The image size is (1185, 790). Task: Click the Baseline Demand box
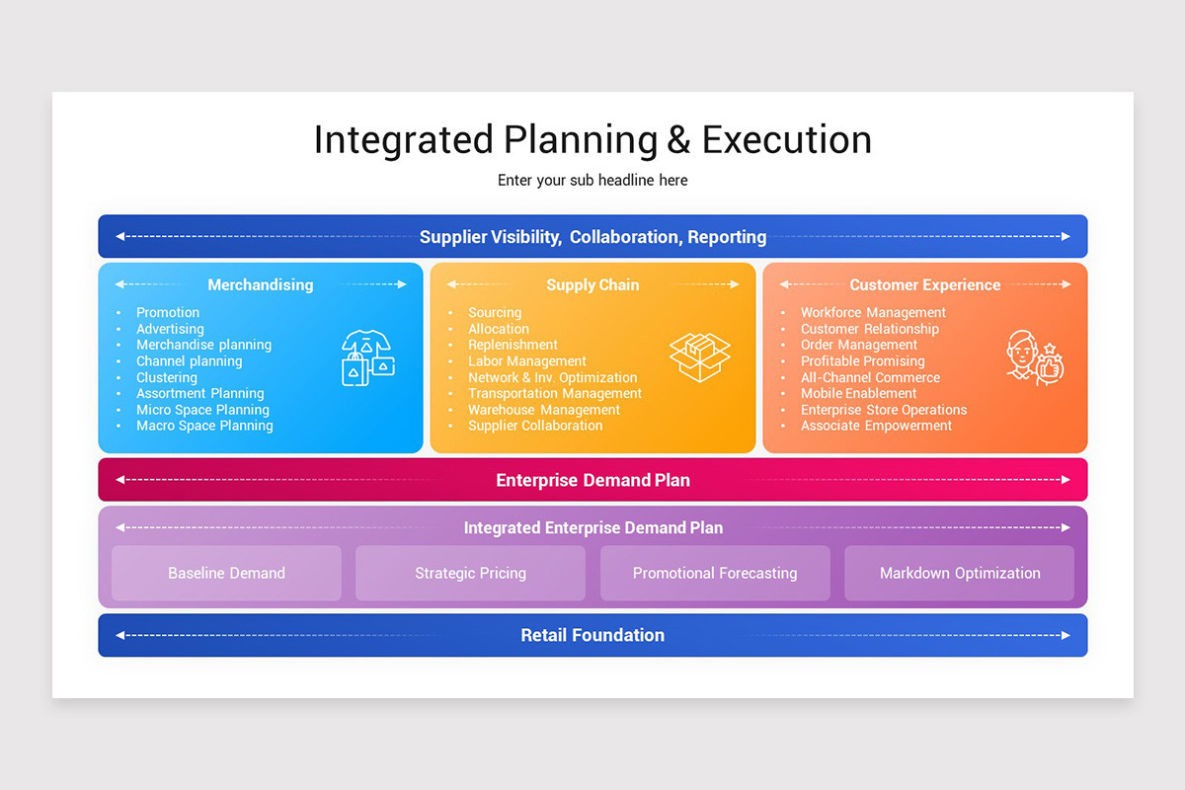(226, 573)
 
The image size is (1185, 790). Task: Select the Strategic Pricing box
(470, 573)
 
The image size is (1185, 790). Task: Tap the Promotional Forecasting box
(715, 573)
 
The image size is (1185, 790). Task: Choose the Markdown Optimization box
(959, 573)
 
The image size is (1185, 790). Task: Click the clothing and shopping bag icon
(368, 357)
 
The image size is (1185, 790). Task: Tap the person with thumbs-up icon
(1033, 357)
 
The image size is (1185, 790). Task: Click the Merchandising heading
(260, 284)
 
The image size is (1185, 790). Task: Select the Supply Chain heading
(592, 284)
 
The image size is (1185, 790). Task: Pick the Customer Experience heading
(924, 284)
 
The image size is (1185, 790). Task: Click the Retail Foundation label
(592, 635)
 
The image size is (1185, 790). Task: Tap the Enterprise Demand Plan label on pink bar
(592, 480)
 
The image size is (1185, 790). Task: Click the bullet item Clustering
(167, 377)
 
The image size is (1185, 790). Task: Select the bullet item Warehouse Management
(544, 410)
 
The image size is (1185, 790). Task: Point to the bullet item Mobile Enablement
(858, 393)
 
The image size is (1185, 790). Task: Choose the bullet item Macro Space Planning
(204, 426)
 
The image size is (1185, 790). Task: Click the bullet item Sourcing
(495, 312)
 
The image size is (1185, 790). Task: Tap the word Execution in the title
(786, 139)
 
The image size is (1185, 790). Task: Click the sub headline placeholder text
(592, 180)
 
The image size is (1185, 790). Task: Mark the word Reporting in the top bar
(727, 237)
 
